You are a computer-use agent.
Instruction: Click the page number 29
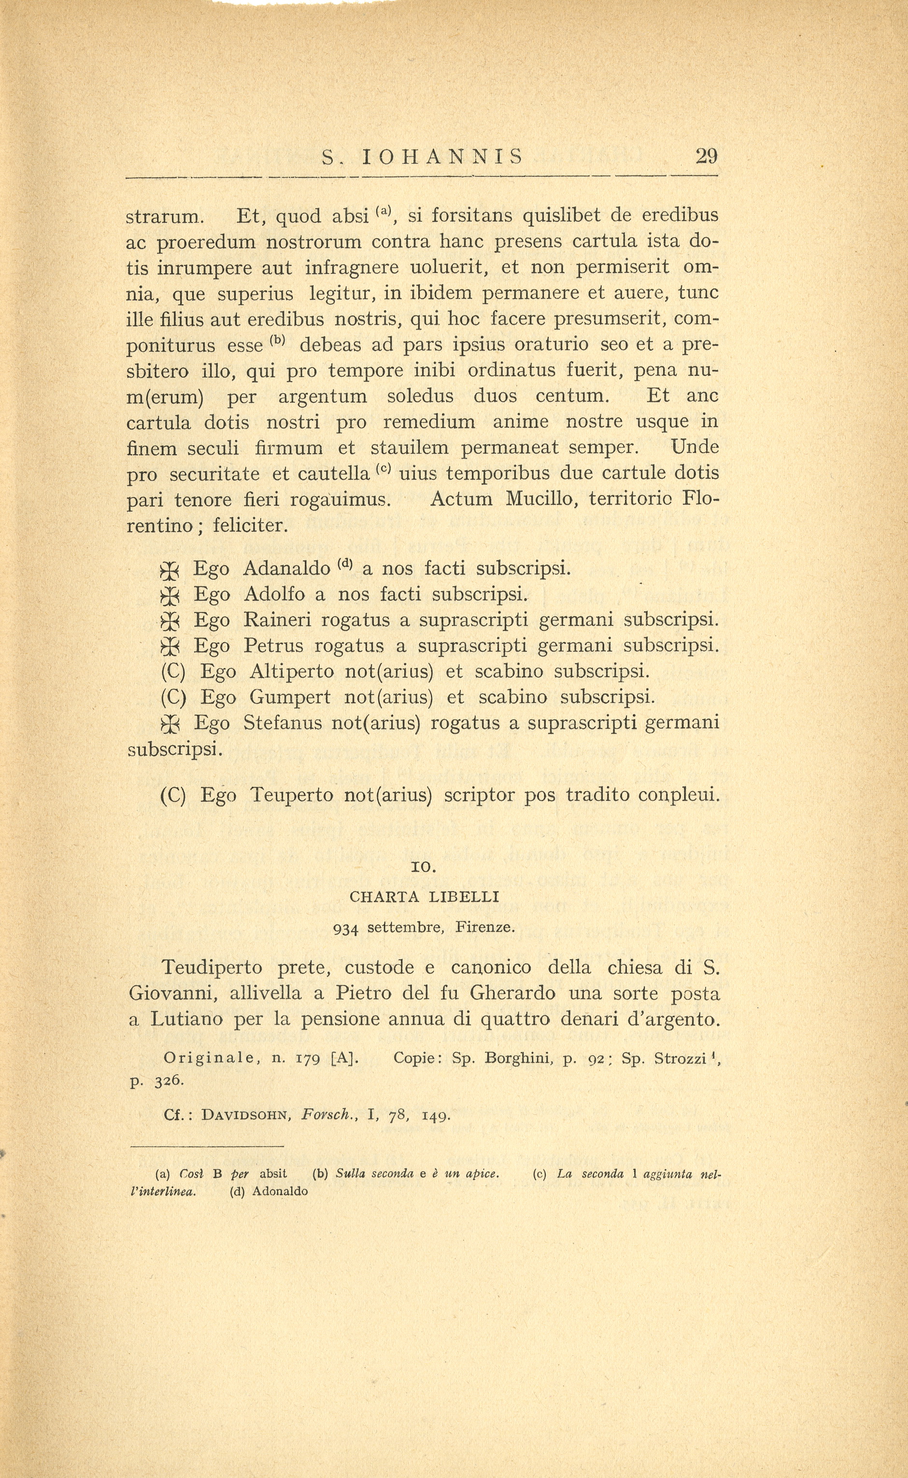click(x=706, y=157)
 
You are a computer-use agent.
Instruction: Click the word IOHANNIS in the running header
click(x=442, y=157)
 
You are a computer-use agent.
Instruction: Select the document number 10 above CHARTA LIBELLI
click(x=424, y=867)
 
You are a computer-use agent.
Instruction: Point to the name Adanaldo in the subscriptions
click(x=286, y=568)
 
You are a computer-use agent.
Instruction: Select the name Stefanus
click(x=282, y=723)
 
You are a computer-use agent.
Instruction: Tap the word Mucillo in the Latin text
click(x=542, y=499)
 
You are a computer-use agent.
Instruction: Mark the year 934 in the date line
click(x=345, y=928)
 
